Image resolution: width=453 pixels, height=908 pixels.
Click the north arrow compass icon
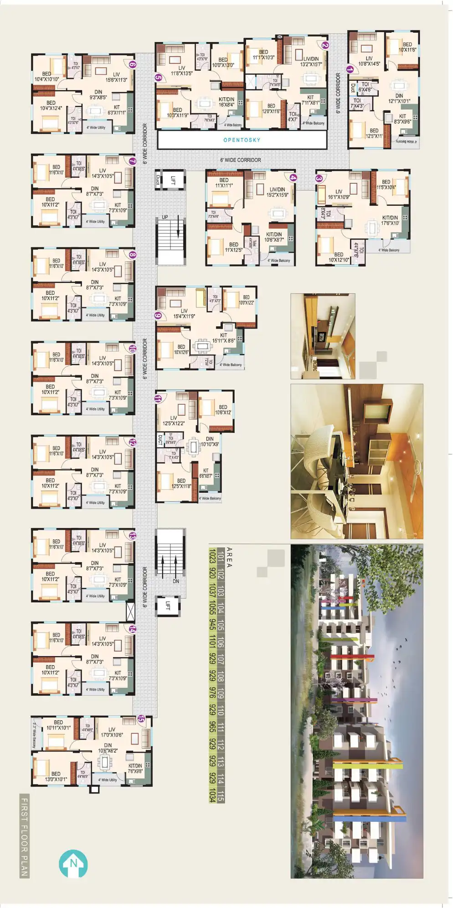(x=73, y=863)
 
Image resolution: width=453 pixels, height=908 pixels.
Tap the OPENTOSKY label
(x=242, y=140)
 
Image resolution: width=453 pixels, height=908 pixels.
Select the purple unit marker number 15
(x=141, y=719)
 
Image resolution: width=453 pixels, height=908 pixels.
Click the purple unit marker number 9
(x=159, y=315)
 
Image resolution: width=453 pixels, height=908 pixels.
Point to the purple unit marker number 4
(x=293, y=178)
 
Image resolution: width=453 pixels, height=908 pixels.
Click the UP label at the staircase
(x=165, y=217)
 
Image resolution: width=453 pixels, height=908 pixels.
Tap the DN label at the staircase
(x=176, y=581)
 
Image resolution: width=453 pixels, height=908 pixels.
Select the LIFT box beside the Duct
(x=173, y=180)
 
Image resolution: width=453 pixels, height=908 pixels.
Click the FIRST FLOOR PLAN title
(x=24, y=835)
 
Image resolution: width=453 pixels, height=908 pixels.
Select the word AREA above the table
(x=229, y=558)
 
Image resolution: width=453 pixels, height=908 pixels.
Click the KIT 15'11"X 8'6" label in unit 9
(x=223, y=338)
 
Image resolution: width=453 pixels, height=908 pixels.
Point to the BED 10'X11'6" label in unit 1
(x=407, y=47)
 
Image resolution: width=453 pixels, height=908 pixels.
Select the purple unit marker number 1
(x=350, y=70)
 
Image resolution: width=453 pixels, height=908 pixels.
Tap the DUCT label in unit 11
(x=160, y=440)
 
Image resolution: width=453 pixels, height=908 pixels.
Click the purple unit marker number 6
(x=132, y=64)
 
